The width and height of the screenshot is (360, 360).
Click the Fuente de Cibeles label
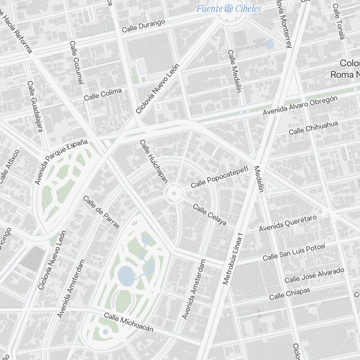(x=228, y=9)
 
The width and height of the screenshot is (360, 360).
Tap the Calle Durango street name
(x=143, y=26)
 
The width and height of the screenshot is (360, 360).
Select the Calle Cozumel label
(x=77, y=63)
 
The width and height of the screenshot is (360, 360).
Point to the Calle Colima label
(x=103, y=94)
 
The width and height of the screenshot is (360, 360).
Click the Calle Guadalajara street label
(x=35, y=106)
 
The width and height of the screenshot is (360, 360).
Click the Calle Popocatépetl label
(x=220, y=177)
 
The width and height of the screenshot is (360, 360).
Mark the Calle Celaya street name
(x=210, y=215)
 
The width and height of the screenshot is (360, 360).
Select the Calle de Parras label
(x=101, y=212)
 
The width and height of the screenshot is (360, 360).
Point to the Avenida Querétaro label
(x=288, y=223)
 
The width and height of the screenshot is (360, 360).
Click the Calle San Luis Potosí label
(x=294, y=252)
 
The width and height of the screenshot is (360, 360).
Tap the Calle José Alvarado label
(x=314, y=275)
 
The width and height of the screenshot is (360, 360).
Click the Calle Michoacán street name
(x=129, y=322)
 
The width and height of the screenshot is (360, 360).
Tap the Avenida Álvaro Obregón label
(x=300, y=105)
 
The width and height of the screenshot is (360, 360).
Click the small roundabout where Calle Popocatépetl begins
(x=174, y=194)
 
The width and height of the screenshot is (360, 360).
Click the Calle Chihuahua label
(x=313, y=128)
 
